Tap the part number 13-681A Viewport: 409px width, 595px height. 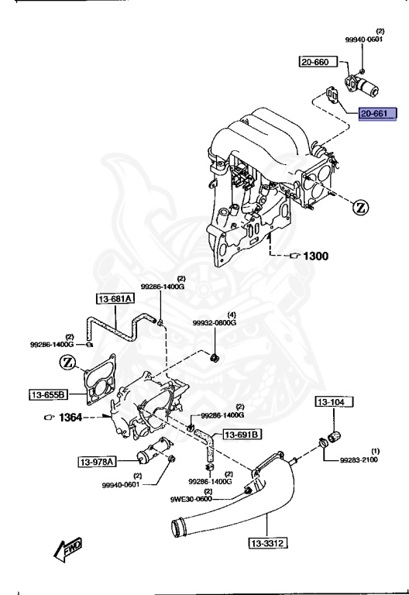pos(115,298)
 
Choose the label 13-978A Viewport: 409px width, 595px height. pos(96,463)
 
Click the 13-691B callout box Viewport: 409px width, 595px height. pos(242,434)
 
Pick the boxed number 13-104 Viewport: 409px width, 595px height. pos(333,402)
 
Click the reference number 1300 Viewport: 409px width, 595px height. pos(314,256)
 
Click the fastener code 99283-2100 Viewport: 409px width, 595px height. pos(359,459)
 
